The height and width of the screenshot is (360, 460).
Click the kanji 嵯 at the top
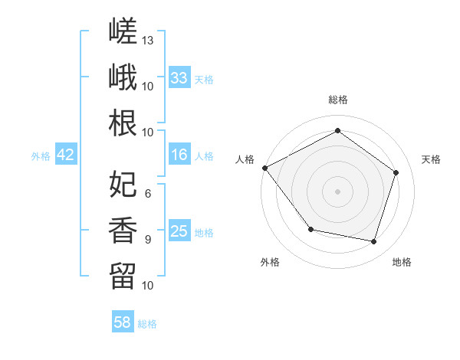point(123,31)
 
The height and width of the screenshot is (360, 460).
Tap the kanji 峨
point(123,77)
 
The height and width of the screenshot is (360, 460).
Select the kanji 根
point(123,123)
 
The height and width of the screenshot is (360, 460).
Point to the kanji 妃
point(123,184)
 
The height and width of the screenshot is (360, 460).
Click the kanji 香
point(123,230)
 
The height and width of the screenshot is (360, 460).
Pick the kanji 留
point(123,277)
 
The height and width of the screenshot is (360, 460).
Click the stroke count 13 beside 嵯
point(147,41)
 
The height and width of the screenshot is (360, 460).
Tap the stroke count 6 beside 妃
point(148,194)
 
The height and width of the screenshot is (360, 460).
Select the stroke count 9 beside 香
point(148,240)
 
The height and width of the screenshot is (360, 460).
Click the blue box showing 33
point(179,77)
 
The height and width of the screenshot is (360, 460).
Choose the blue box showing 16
point(179,154)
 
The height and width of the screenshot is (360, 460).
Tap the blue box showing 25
point(179,230)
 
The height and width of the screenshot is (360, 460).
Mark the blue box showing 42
point(66,154)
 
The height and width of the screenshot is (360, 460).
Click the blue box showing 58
point(123,321)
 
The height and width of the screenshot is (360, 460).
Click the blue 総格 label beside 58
point(147,324)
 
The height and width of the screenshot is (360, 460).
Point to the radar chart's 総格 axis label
point(338,100)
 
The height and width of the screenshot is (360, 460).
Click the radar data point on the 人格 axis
point(265,168)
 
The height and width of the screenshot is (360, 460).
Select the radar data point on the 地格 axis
point(374,242)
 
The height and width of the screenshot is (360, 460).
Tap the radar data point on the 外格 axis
point(311,229)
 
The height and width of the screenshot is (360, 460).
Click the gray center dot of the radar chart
point(337,191)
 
